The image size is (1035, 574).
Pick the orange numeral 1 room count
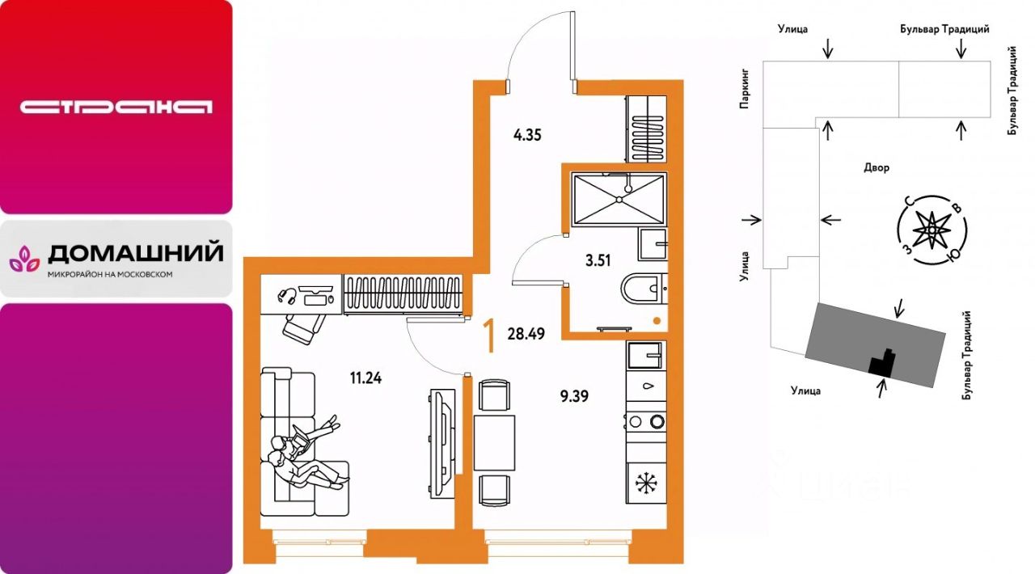coord(489,336)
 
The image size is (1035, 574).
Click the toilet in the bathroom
coord(644,289)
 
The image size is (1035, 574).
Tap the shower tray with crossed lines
coord(618,198)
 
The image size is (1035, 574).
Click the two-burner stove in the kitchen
coord(645,420)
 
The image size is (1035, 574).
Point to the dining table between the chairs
coord(494,442)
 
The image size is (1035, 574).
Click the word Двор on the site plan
coord(877,168)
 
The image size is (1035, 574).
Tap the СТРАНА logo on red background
coord(116,107)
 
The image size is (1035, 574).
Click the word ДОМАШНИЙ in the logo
coord(135,254)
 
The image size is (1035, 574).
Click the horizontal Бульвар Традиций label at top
coord(944,29)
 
